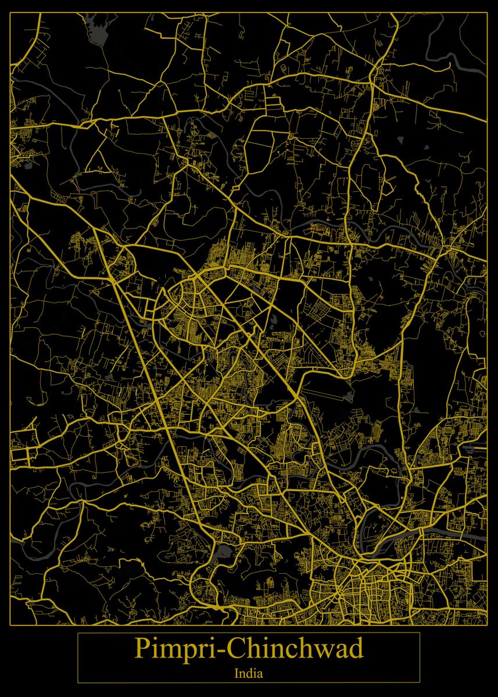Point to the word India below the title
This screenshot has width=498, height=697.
pyautogui.click(x=249, y=674)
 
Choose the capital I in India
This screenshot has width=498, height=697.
pyautogui.click(x=237, y=674)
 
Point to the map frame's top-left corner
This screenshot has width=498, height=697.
pyautogui.click(x=10, y=12)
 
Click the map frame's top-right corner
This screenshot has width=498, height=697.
pyautogui.click(x=487, y=12)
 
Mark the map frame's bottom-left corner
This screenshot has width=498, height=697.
pyautogui.click(x=10, y=626)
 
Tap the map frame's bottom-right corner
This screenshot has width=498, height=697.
pyautogui.click(x=487, y=626)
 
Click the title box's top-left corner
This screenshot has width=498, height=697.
pyautogui.click(x=78, y=633)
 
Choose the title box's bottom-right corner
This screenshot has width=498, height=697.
pyautogui.click(x=420, y=682)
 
